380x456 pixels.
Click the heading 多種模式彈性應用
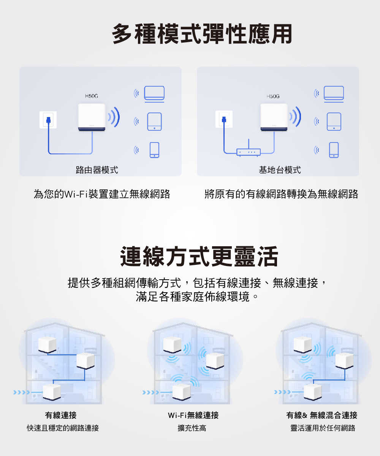[202, 35]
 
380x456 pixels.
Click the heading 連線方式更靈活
[199, 256]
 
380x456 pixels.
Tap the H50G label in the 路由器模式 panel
[91, 97]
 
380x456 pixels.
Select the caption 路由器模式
[97, 170]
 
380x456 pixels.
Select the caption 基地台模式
[280, 170]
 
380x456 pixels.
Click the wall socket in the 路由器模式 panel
[48, 120]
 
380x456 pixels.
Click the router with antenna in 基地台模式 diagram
[248, 151]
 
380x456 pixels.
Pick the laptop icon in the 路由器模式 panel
[154, 94]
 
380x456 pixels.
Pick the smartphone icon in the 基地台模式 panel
[334, 150]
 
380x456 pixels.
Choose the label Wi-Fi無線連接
[193, 415]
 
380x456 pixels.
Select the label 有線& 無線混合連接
[321, 415]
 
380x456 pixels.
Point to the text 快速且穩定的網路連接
[63, 428]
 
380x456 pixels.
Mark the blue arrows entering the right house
[282, 392]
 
